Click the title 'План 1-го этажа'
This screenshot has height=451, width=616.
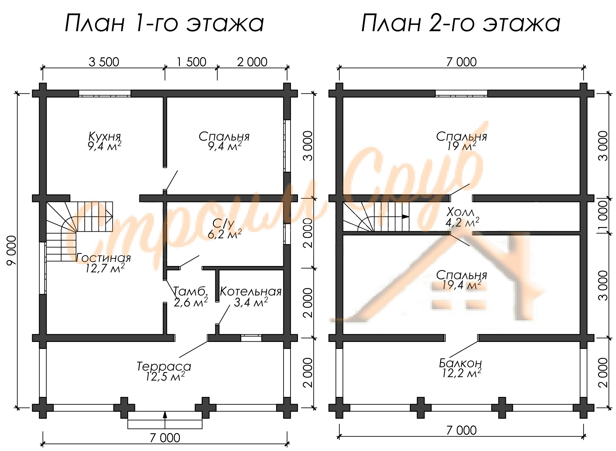tap(164, 23)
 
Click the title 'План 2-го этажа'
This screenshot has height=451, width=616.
tap(461, 23)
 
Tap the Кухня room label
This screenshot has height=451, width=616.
tap(105, 137)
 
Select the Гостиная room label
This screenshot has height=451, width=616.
tap(103, 258)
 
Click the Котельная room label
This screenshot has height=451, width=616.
tap(250, 292)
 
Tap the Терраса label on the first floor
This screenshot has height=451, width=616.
tap(164, 366)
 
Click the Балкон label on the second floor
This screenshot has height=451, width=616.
tap(460, 363)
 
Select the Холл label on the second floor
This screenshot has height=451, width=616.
tap(460, 212)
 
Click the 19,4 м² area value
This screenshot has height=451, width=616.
tap(462, 285)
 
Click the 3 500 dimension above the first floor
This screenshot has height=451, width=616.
tap(104, 62)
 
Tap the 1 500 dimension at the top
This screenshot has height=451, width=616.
tap(191, 62)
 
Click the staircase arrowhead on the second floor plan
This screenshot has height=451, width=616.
tap(405, 216)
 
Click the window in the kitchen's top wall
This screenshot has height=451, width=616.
tap(105, 93)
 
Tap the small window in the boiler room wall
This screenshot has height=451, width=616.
tap(251, 338)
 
